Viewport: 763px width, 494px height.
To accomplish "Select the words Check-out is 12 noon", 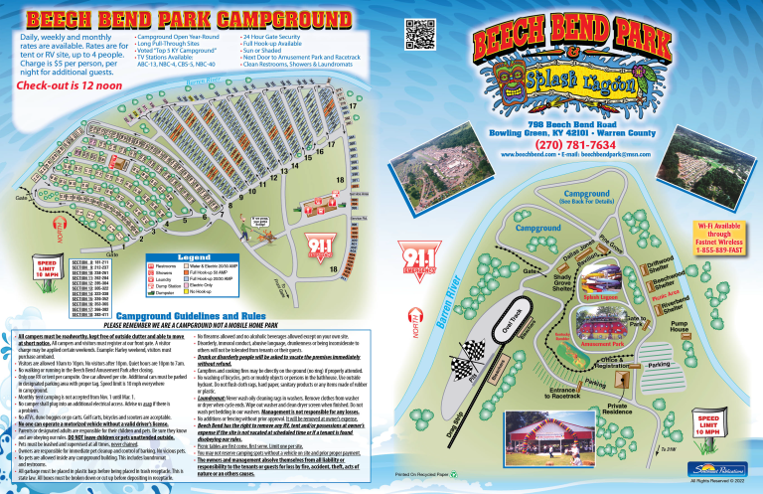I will [61, 85].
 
